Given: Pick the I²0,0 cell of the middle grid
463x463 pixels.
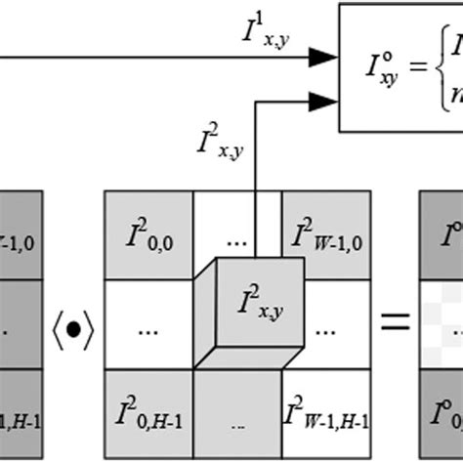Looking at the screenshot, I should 147,235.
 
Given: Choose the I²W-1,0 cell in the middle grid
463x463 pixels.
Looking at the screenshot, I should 326,235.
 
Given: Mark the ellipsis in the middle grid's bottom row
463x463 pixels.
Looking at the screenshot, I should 237,425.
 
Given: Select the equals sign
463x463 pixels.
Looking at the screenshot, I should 395,323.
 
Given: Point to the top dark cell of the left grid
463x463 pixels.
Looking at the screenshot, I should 21,235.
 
